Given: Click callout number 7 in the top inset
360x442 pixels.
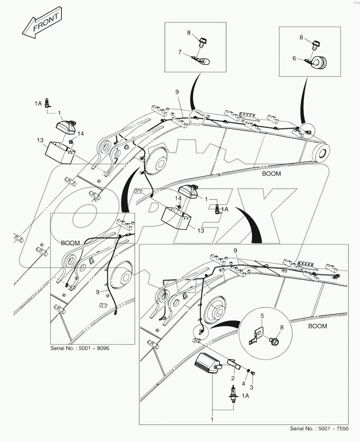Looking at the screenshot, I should pos(180,52).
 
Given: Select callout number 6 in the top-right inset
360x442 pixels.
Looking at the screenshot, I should pos(294,58).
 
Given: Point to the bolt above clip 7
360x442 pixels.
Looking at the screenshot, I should pos(203,43).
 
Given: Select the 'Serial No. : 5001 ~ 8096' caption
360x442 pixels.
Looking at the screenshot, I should pos(80,348).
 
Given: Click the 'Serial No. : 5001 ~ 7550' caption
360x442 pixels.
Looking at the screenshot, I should pos(319,428).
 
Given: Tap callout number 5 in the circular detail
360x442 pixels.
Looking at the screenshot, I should pos(262,316).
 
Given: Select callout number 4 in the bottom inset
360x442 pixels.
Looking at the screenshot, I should pos(243,384).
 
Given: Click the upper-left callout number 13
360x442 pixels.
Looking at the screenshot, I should pos(40,139).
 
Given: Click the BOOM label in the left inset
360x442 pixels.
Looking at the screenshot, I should pos(71,243).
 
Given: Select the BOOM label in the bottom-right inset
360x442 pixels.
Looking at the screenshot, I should pos(317,326).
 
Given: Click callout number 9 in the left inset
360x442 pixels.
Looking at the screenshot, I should pos(98,291).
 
